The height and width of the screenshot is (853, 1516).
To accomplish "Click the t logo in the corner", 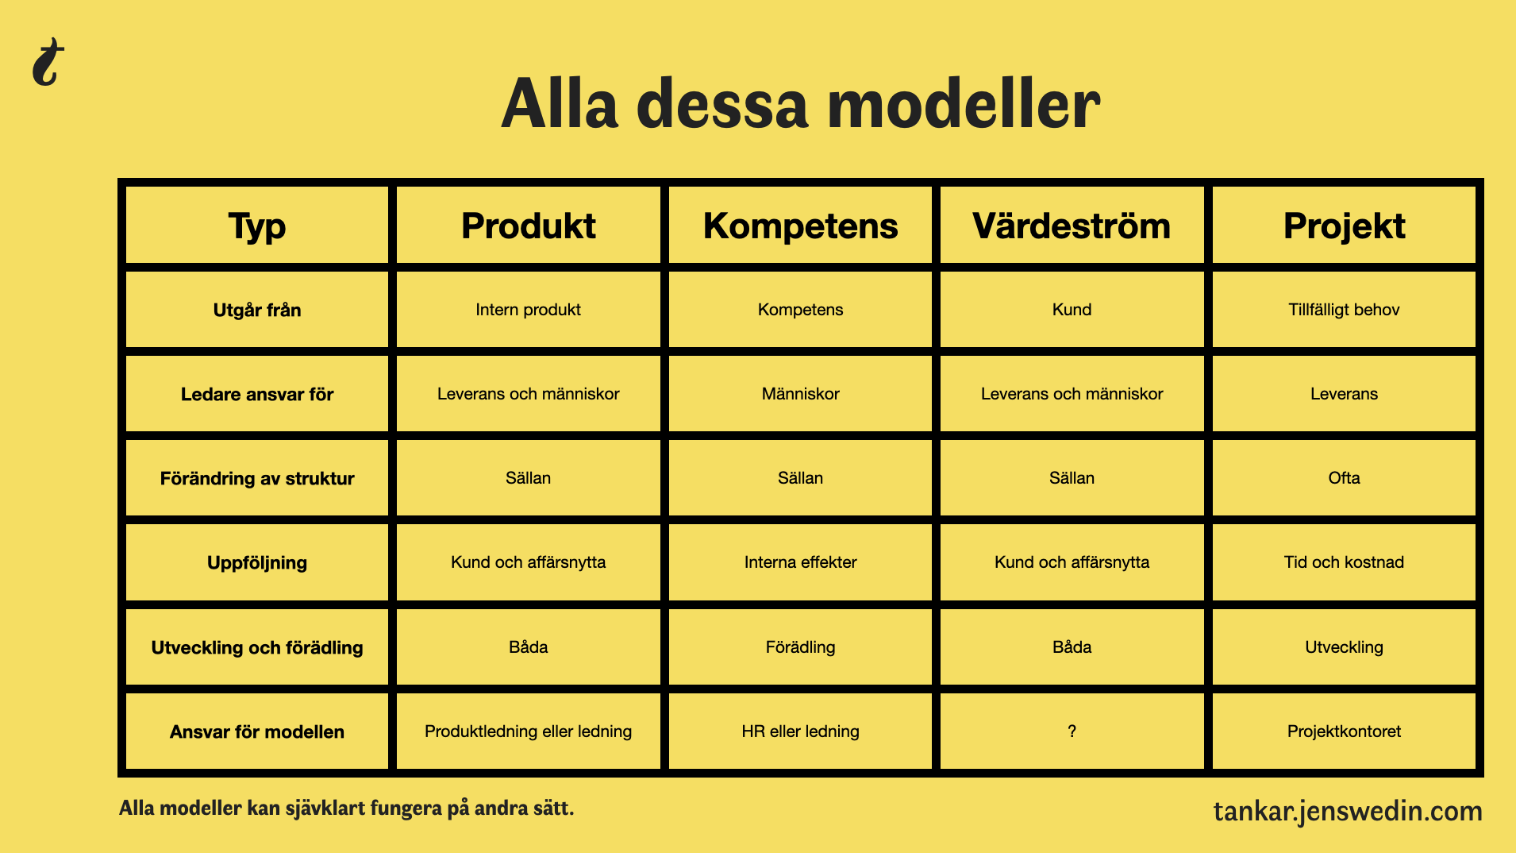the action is click(x=48, y=62).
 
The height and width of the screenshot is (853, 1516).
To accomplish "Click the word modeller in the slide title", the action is click(x=964, y=104).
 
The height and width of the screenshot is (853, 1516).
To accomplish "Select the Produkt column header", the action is click(x=529, y=226).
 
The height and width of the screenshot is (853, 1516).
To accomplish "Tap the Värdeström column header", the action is click(x=1072, y=226).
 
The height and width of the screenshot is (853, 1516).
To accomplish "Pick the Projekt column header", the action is click(x=1345, y=226).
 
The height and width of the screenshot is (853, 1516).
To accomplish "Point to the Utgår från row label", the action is click(x=257, y=310).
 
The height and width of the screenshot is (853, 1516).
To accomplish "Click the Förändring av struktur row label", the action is click(x=257, y=478).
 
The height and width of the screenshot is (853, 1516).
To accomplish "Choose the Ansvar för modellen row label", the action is click(x=257, y=731).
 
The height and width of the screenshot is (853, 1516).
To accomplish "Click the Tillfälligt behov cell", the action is click(x=1344, y=310).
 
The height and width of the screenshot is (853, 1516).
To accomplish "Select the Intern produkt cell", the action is click(x=529, y=310).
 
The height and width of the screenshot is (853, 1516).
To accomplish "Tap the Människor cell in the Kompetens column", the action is click(x=800, y=394).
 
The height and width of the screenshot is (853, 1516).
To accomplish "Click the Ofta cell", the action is click(x=1344, y=478).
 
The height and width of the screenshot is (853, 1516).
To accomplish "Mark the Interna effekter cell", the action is click(x=800, y=562).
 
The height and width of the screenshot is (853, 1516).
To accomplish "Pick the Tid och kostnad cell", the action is click(x=1344, y=562).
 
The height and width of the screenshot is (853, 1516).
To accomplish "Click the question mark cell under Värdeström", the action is click(x=1072, y=731).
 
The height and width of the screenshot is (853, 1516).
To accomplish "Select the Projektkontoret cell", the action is click(x=1344, y=731).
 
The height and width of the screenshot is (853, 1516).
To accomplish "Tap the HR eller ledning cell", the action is click(x=800, y=731).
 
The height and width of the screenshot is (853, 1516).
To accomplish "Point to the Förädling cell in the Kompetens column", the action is click(x=800, y=647).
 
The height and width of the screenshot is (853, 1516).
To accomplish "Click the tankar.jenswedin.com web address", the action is click(x=1348, y=811).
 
